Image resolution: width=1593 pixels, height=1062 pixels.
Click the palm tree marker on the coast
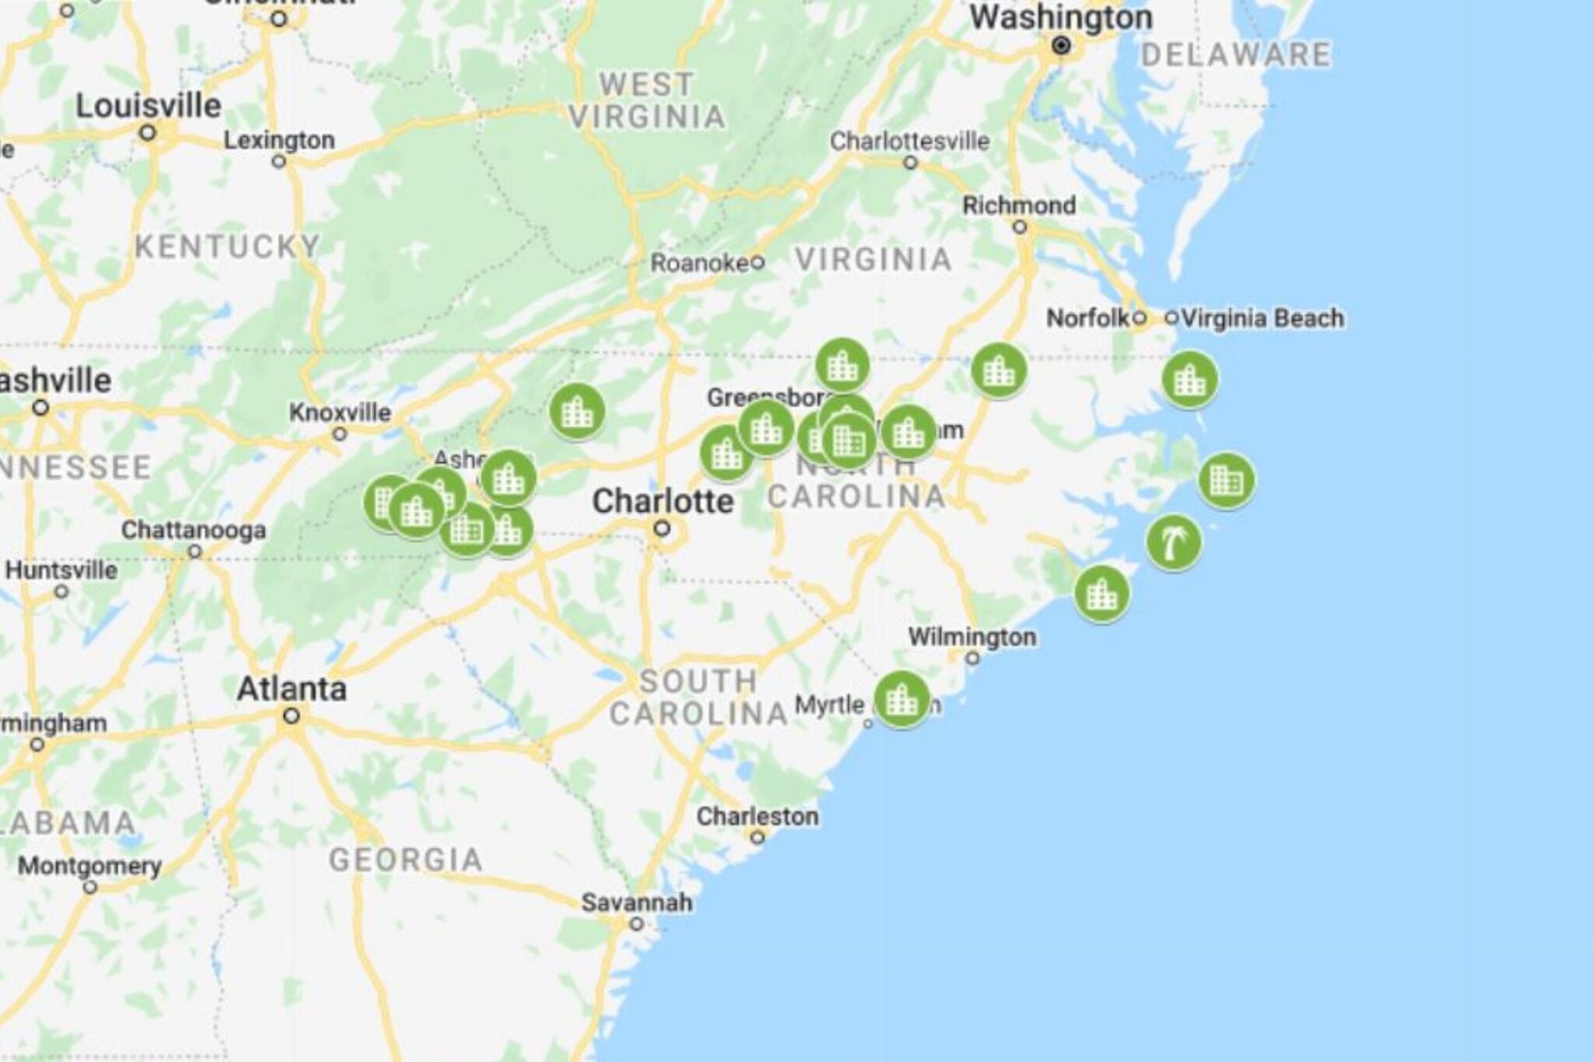1174,542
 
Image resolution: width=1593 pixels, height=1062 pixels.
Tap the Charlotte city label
663,502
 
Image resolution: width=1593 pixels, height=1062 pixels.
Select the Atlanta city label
292,689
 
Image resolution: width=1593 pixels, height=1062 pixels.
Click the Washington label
1061,18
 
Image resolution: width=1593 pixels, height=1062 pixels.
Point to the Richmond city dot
1021,227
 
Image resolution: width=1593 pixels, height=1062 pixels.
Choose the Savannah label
637,903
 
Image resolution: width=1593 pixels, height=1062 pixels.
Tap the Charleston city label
757,816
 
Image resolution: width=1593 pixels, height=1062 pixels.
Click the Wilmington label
972,637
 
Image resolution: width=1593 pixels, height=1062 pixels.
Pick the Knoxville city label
340,412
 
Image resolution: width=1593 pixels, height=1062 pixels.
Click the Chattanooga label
193,531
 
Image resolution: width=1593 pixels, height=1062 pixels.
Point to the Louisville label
149,106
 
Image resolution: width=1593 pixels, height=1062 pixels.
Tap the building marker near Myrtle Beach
902,699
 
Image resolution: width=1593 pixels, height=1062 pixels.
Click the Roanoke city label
699,263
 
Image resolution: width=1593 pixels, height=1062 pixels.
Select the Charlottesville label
910,142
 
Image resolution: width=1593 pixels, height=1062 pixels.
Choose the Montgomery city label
89,866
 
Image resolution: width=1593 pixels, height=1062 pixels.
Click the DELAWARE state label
1236,55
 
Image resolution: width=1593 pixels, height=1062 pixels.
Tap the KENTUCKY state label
227,247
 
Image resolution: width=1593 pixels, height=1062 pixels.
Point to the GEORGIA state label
405,860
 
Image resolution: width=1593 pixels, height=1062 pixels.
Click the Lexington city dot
279,162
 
